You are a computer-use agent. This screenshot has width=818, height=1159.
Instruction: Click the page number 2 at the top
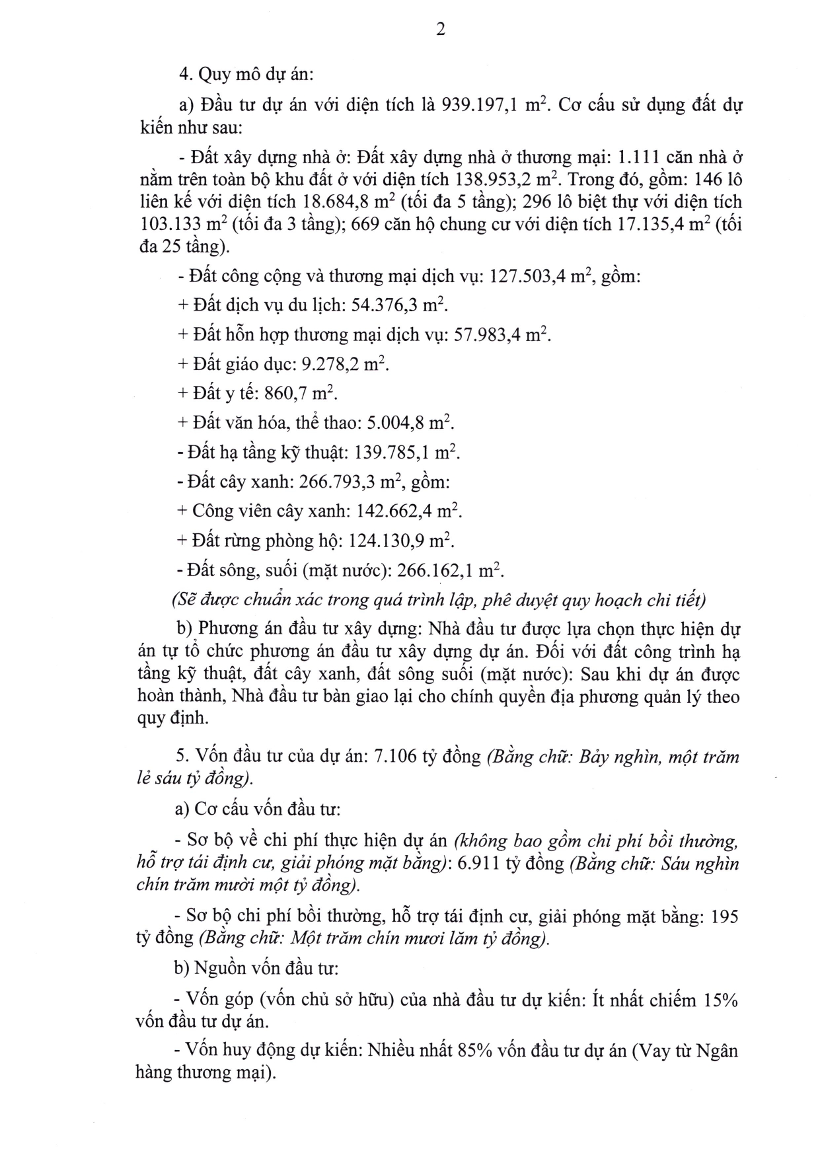click(441, 30)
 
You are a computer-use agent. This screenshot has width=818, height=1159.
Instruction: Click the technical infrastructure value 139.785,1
click(396, 453)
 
